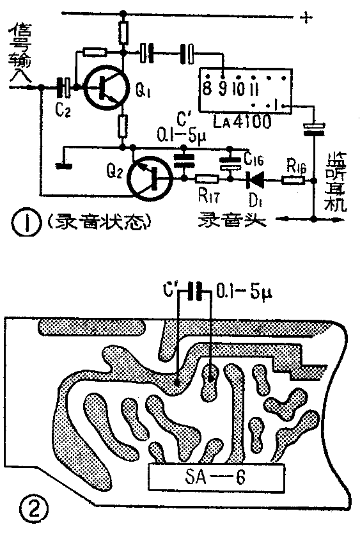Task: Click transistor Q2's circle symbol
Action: tap(149, 178)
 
